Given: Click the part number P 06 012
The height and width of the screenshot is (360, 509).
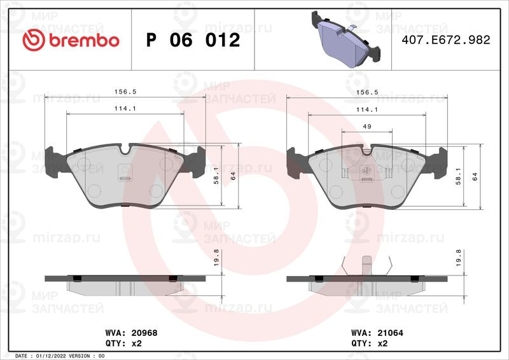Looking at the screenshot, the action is point(193,40).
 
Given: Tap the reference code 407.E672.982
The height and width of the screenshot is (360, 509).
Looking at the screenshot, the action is point(446,40).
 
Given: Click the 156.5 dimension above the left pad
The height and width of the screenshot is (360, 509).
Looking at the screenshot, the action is point(125,92).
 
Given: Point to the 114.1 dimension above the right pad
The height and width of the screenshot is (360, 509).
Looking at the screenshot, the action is point(367,110).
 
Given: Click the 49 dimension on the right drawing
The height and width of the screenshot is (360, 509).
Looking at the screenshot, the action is point(367,127).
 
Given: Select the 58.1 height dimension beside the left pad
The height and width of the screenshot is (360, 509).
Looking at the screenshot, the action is point(216,176).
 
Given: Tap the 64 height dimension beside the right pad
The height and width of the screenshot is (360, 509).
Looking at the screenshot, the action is point(475,177).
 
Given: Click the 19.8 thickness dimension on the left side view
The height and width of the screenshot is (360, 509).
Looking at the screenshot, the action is point(216,258).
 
